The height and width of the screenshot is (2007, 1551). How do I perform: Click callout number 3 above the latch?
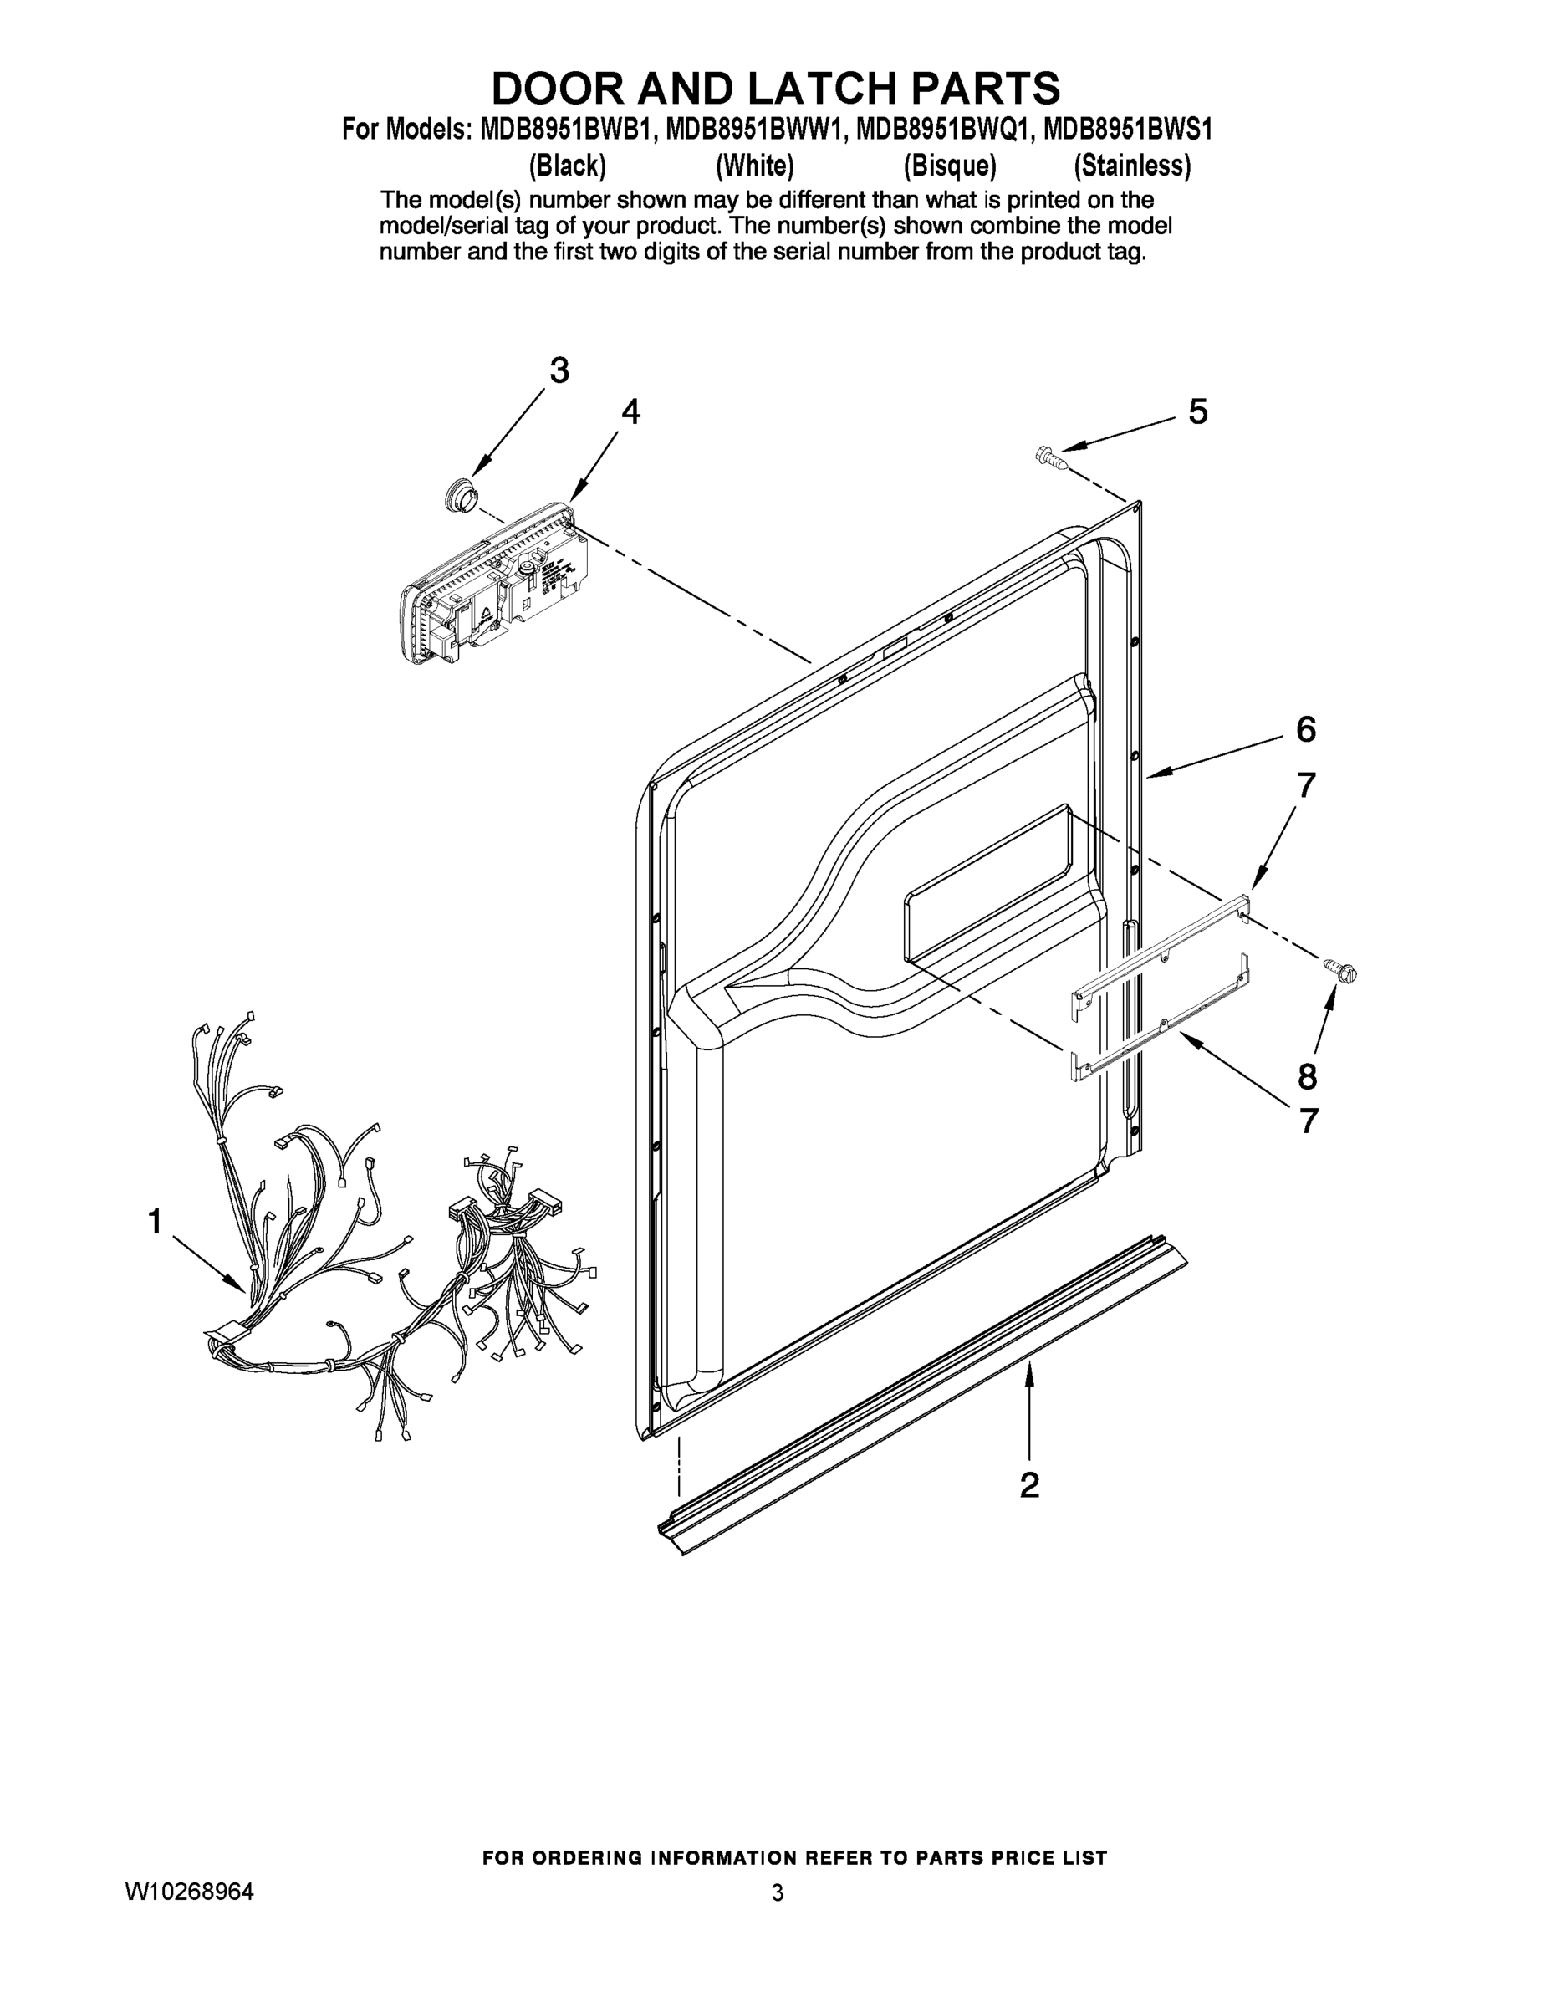pyautogui.click(x=559, y=371)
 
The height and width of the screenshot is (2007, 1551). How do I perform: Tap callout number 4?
pyautogui.click(x=630, y=411)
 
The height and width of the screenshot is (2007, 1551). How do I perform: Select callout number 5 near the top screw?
pyautogui.click(x=1197, y=411)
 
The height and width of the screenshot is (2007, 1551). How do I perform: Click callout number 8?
pyautogui.click(x=1307, y=1075)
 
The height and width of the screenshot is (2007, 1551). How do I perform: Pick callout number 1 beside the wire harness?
pyautogui.click(x=156, y=1221)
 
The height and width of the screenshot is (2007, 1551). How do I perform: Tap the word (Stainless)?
pyautogui.click(x=1132, y=166)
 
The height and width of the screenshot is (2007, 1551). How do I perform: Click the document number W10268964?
pyautogui.click(x=189, y=1892)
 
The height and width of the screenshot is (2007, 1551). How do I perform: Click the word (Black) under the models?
pyautogui.click(x=567, y=166)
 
